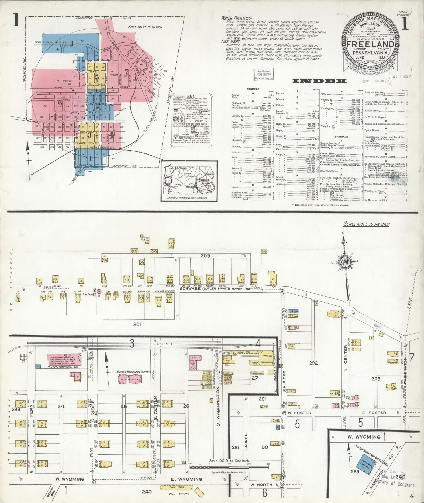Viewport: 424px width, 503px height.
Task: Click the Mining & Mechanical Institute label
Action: click(x=134, y=372)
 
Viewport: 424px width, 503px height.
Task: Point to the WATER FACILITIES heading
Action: click(x=237, y=18)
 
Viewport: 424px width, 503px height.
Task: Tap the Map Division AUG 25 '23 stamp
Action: click(x=264, y=74)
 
